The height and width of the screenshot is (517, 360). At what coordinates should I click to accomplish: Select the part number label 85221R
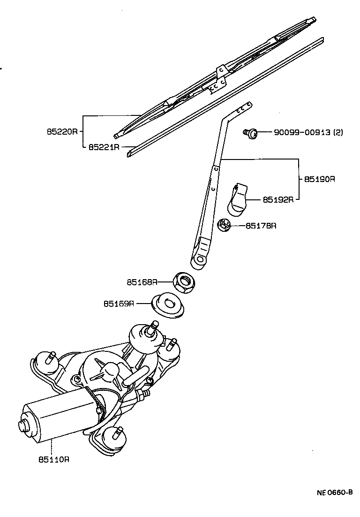(x=104, y=147)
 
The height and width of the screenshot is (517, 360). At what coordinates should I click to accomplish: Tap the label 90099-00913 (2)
(x=308, y=133)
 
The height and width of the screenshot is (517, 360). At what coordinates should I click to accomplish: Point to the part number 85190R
(x=320, y=179)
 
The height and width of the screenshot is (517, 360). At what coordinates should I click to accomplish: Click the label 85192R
(x=278, y=199)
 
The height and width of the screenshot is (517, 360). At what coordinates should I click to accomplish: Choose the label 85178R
(x=261, y=226)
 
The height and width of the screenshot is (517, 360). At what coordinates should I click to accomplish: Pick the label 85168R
(x=141, y=282)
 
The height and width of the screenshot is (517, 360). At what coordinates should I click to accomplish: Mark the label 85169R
(x=119, y=304)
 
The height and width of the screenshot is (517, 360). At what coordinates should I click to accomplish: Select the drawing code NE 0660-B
(x=334, y=493)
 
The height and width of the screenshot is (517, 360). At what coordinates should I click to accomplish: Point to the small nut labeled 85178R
(x=225, y=226)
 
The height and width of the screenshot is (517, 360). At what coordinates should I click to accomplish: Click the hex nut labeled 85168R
(x=185, y=282)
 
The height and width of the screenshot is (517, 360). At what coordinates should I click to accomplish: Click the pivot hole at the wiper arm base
(x=201, y=259)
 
